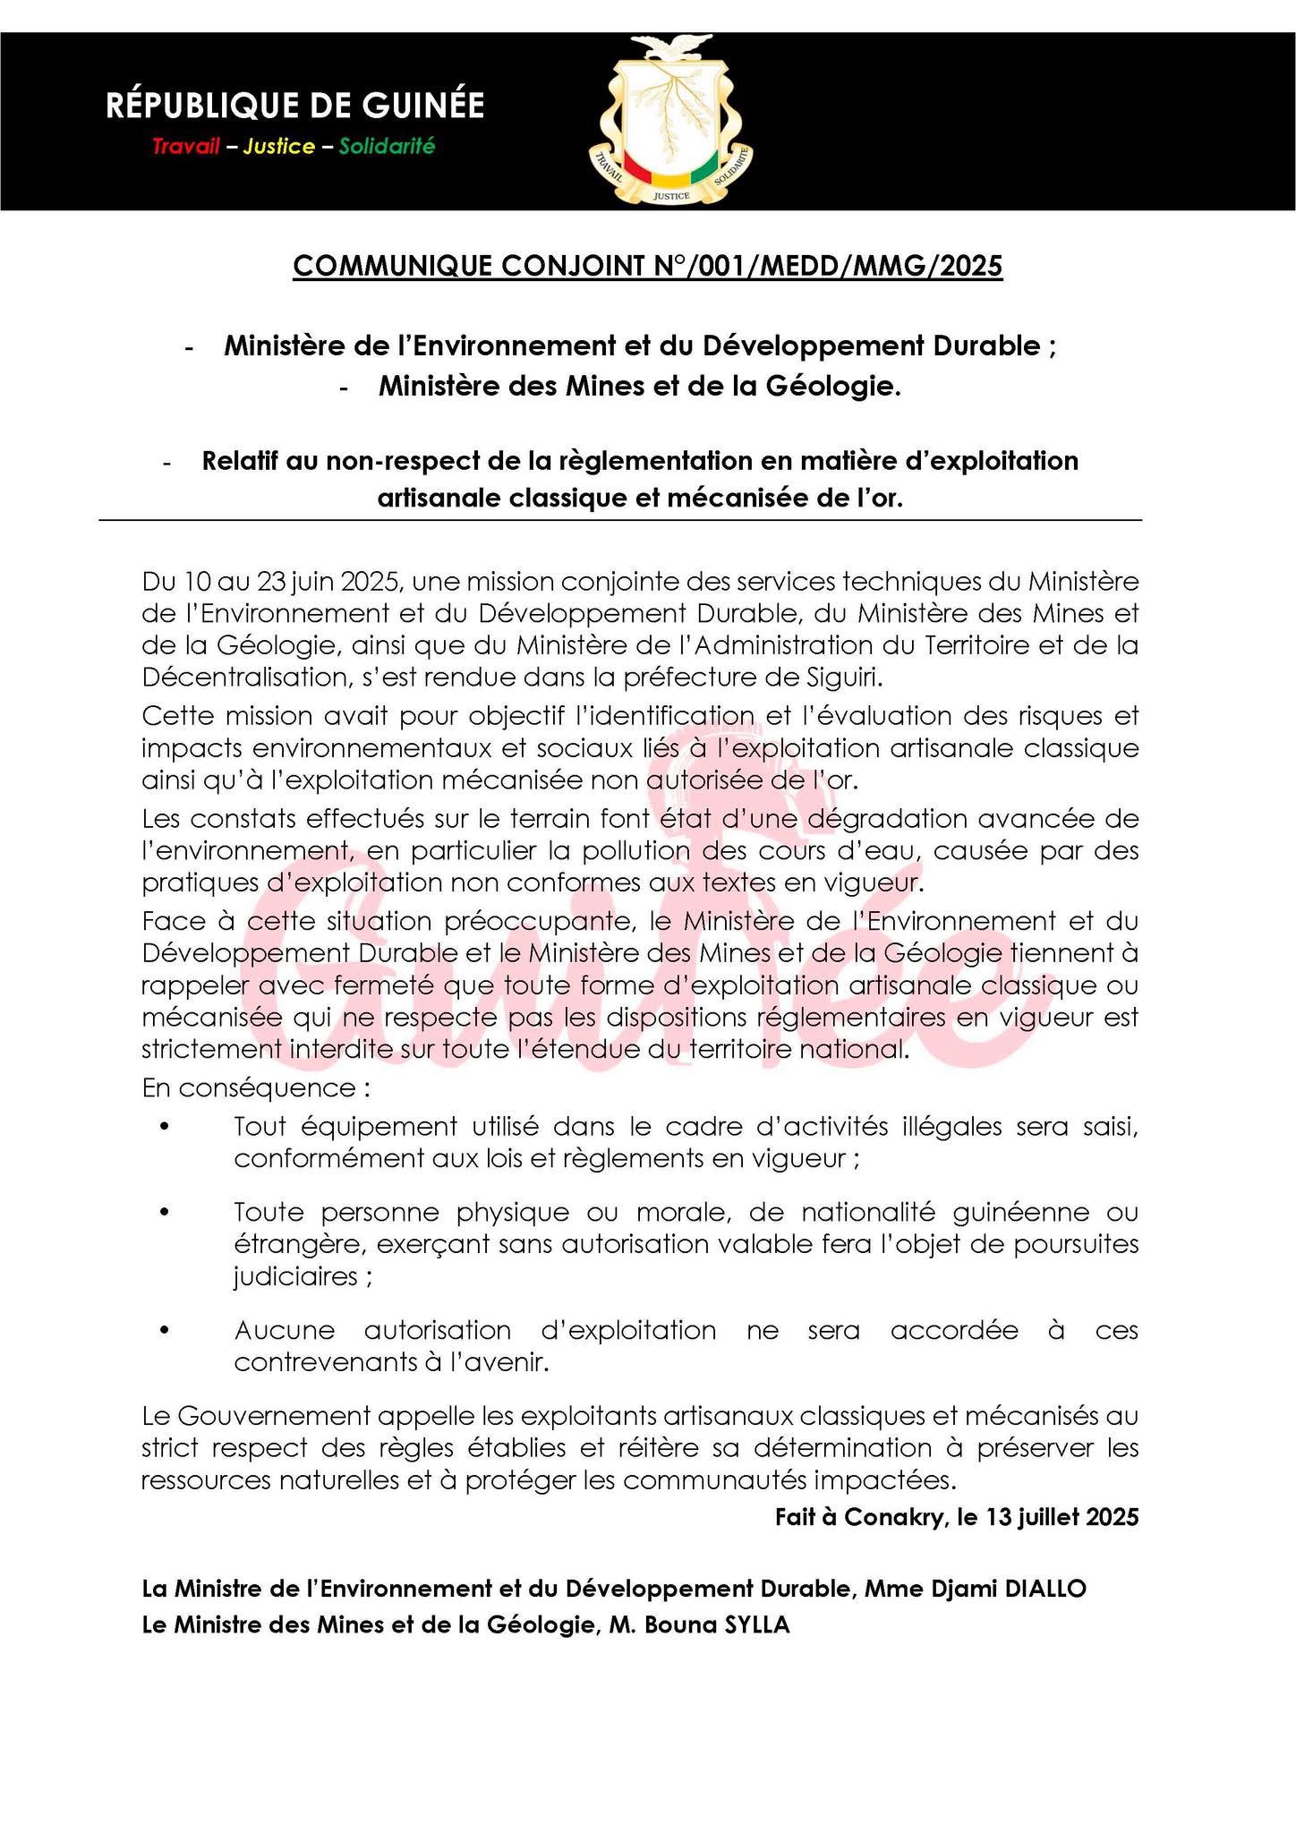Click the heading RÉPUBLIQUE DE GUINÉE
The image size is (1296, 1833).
tap(294, 106)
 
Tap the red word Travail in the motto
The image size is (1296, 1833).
tap(185, 147)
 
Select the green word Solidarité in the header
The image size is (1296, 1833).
tap(387, 147)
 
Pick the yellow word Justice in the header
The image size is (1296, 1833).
tap(278, 147)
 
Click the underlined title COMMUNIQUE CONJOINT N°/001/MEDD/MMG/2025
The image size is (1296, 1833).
tap(647, 267)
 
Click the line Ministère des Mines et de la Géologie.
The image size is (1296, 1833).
tap(639, 387)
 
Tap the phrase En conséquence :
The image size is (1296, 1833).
tap(256, 1088)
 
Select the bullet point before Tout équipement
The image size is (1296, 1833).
tap(164, 1128)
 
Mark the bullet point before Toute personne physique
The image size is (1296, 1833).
tap(164, 1213)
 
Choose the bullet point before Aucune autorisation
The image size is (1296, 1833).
tap(164, 1331)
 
